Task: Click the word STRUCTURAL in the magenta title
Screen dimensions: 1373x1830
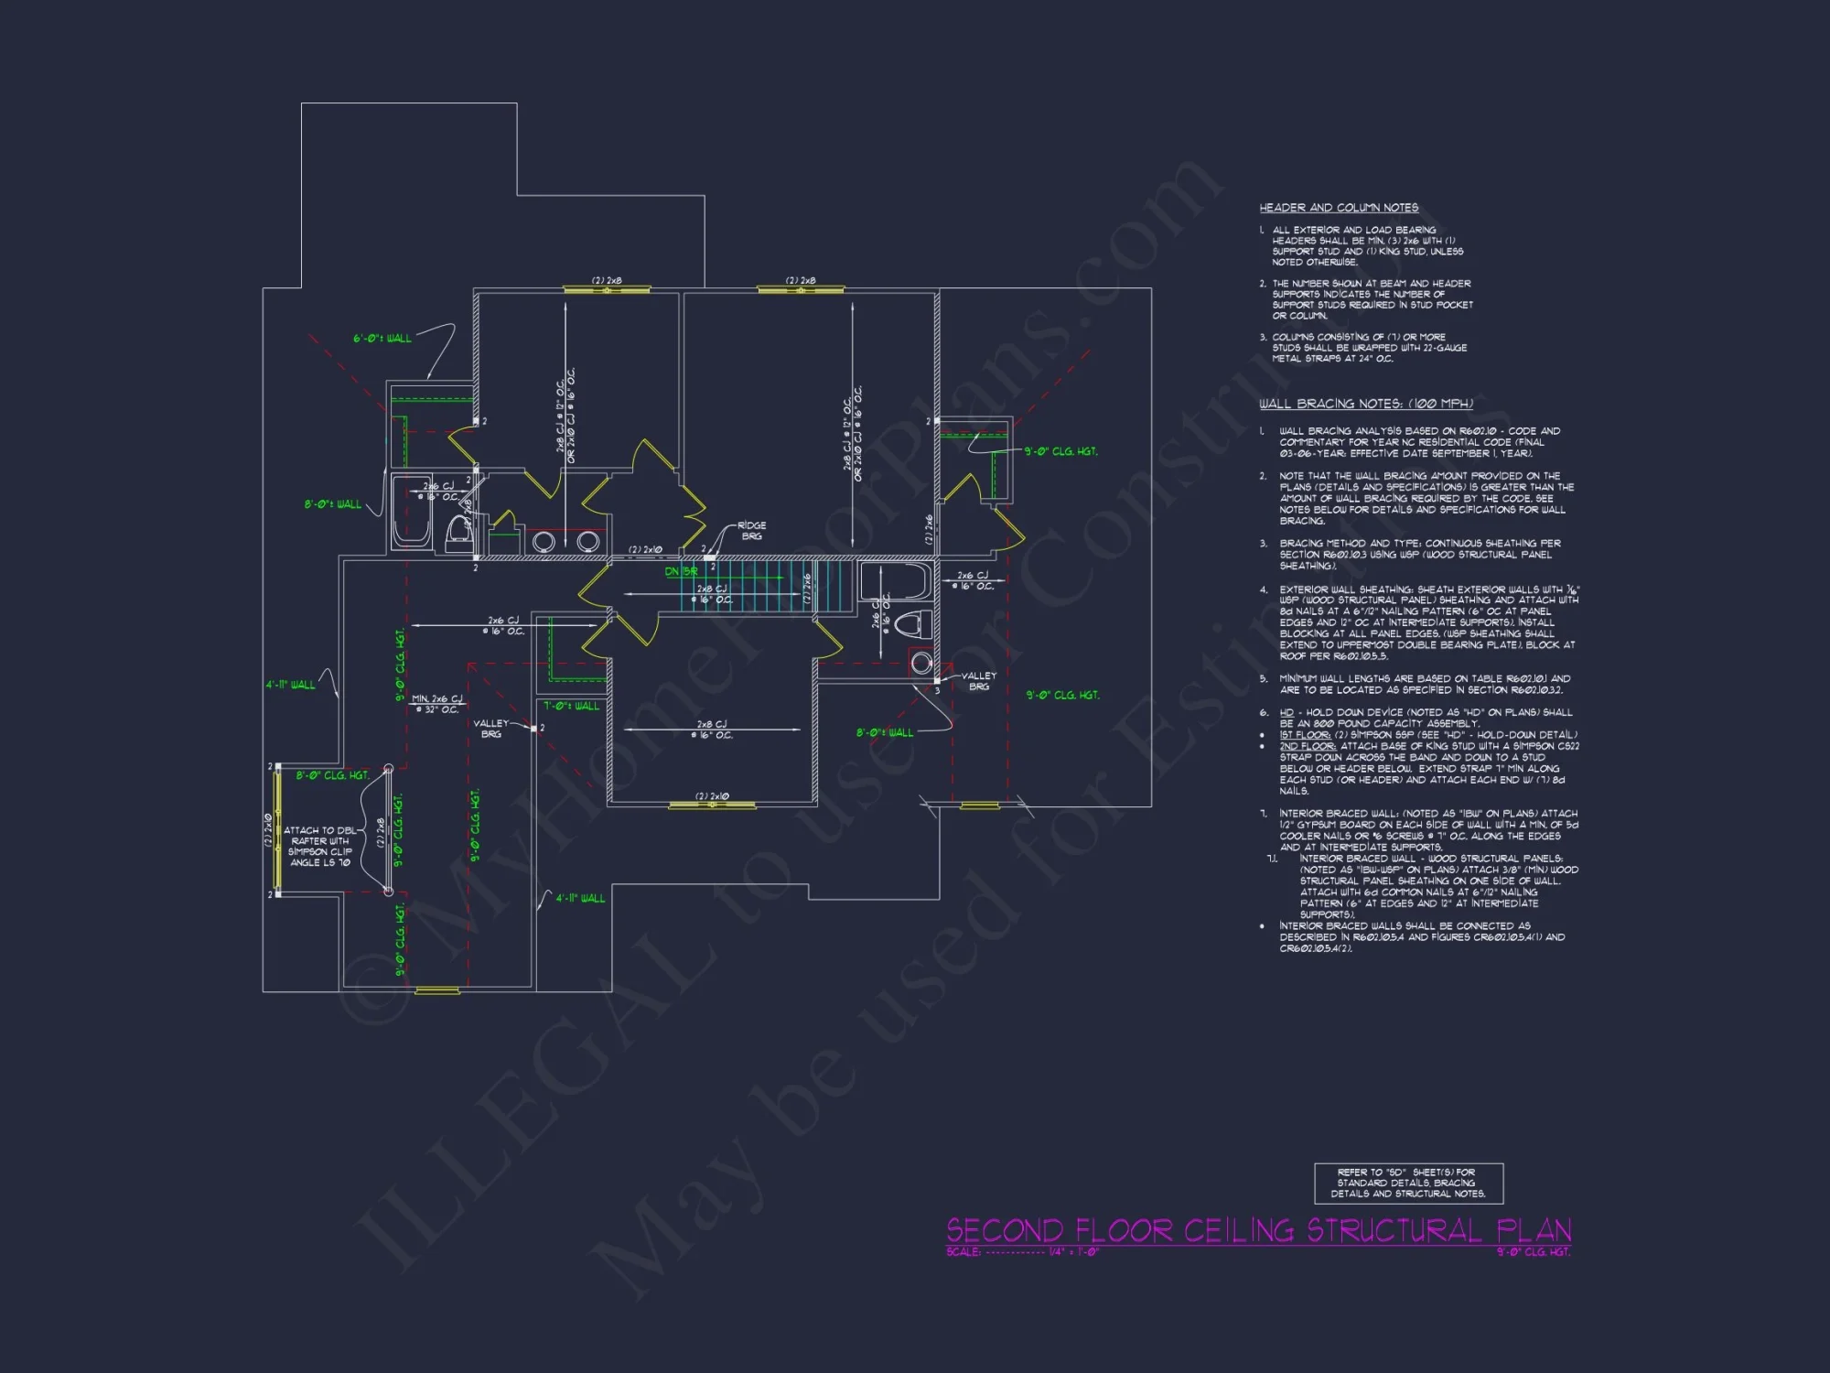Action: [x=1394, y=1230]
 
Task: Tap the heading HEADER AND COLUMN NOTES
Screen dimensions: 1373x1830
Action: [x=1339, y=208]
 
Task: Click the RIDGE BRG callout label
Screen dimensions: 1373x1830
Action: [x=751, y=531]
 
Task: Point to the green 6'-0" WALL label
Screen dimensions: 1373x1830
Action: [x=382, y=339]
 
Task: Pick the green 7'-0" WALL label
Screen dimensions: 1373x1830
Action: [x=571, y=706]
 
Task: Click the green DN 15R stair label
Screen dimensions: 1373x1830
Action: [x=681, y=571]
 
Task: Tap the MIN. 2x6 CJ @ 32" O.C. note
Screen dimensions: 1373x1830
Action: [x=437, y=704]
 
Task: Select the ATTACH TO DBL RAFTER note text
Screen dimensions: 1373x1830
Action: [x=319, y=846]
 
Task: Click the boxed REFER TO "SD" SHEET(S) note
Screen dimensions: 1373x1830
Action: [x=1408, y=1183]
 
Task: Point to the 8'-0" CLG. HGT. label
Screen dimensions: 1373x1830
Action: [x=332, y=775]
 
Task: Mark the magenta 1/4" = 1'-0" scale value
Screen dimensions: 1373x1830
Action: [x=1074, y=1252]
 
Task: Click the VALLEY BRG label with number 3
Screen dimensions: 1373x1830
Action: [x=978, y=681]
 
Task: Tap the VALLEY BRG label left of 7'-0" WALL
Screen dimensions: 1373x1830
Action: [x=490, y=729]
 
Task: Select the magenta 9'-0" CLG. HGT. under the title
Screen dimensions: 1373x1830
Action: [x=1534, y=1252]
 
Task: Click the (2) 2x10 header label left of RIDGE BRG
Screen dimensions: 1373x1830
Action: [x=645, y=550]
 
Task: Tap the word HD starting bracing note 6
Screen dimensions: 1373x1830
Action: [x=1286, y=712]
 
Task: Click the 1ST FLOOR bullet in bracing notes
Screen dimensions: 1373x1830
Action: [x=1299, y=735]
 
